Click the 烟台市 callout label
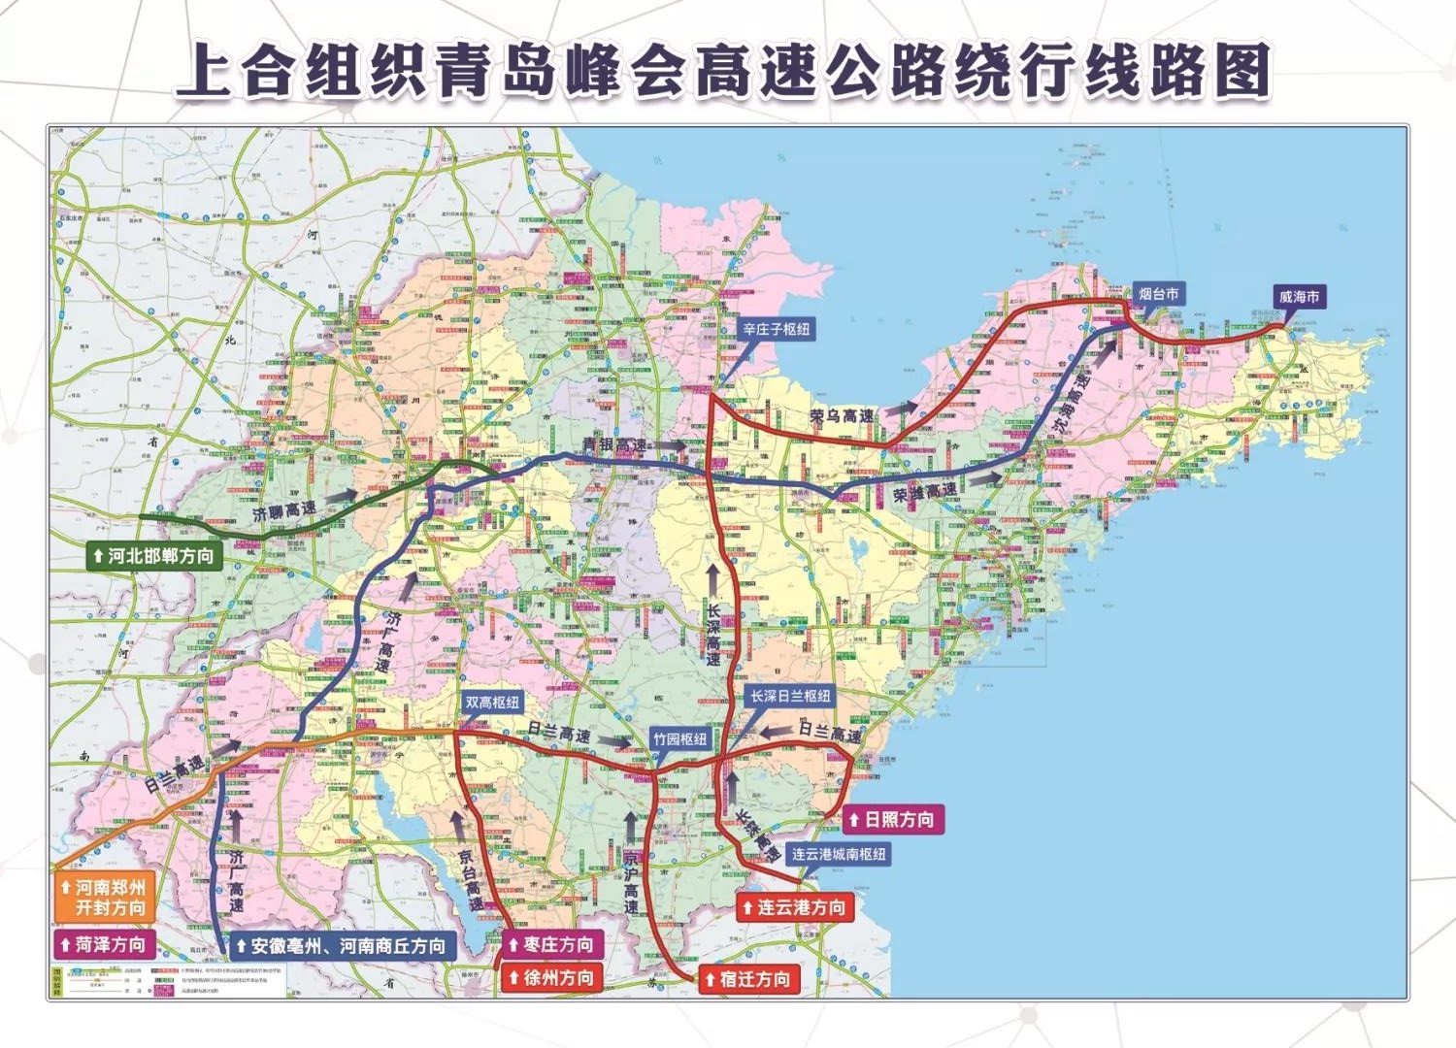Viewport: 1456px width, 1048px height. (x=1159, y=294)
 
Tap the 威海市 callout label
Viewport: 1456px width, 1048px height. (x=1299, y=297)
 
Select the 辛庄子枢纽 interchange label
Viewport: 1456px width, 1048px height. (x=776, y=329)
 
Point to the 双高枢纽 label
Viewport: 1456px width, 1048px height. (x=492, y=703)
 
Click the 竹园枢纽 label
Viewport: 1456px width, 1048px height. (x=679, y=739)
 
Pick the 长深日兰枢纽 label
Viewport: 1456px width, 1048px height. (x=790, y=696)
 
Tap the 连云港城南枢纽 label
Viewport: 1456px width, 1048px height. (x=838, y=854)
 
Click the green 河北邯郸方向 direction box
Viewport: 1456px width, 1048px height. (x=152, y=556)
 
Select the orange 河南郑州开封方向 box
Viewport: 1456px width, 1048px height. (x=103, y=898)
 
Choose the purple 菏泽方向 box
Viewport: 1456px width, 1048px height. (x=103, y=944)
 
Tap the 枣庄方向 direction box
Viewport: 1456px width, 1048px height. (x=550, y=944)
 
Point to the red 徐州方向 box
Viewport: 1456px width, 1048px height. (x=550, y=977)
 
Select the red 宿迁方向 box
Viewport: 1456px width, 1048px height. (x=748, y=979)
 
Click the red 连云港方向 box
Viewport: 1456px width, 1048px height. (x=793, y=907)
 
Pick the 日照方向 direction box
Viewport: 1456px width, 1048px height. (x=891, y=820)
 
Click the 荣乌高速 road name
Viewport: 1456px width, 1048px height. (x=842, y=416)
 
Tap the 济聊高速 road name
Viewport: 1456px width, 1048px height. (x=284, y=510)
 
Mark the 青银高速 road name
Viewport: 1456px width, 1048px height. (x=614, y=445)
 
